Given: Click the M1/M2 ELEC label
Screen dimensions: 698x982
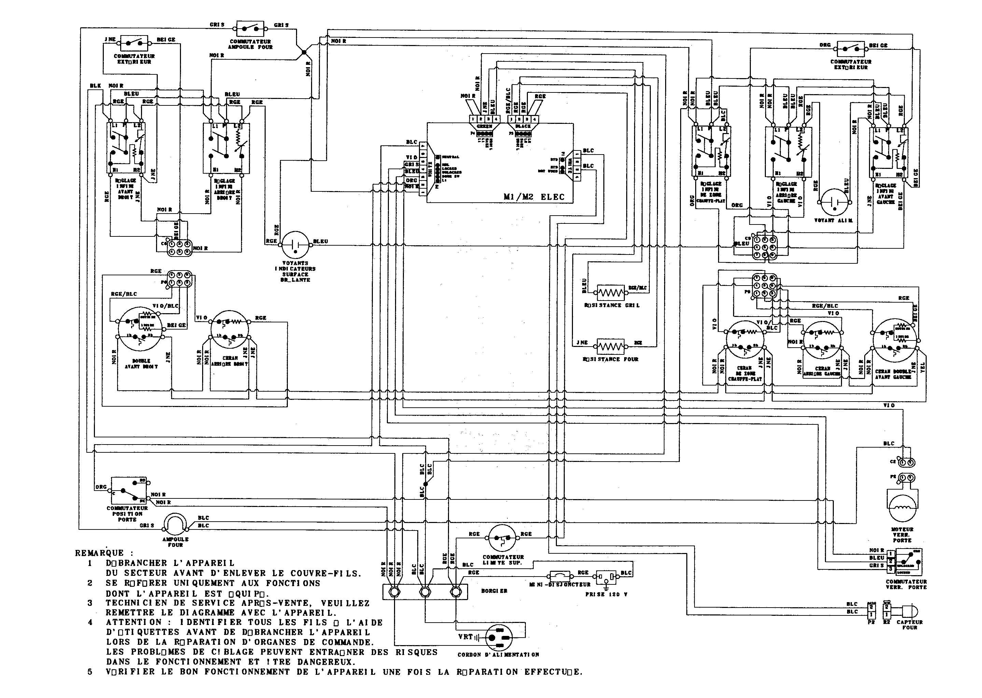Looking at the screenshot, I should pyautogui.click(x=534, y=197).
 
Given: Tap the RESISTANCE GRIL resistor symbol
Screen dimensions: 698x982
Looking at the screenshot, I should pyautogui.click(x=611, y=293).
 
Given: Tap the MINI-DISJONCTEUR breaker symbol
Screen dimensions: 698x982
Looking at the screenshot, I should pyautogui.click(x=560, y=576).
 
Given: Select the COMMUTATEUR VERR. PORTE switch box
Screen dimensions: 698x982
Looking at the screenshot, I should pyautogui.click(x=908, y=562).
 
